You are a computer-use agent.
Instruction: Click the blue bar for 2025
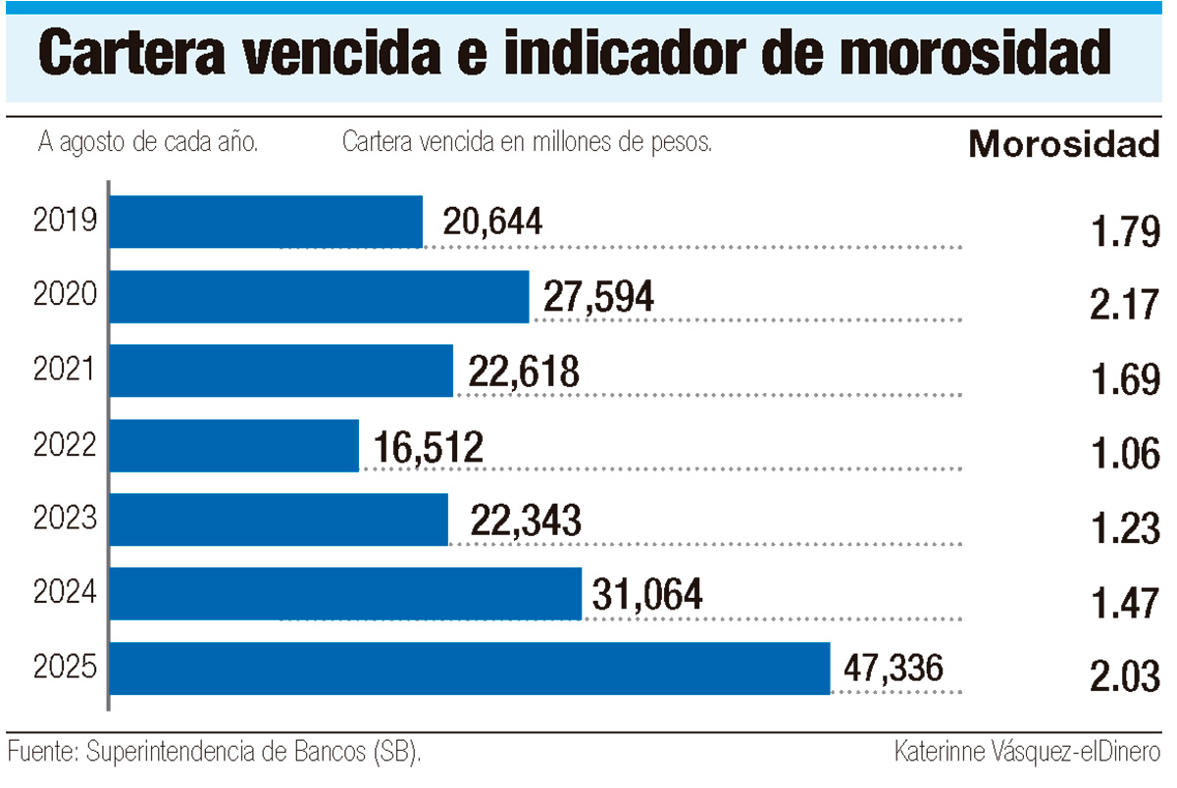point(470,668)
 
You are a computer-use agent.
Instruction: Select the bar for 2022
point(234,446)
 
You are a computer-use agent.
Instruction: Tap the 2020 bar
point(319,297)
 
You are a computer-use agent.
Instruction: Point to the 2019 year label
point(65,222)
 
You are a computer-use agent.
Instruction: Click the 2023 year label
point(65,519)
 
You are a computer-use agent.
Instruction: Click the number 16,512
point(429,447)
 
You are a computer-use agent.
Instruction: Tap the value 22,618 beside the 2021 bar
point(524,372)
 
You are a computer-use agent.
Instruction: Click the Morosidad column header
point(1063,146)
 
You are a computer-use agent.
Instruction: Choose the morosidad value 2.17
point(1124,306)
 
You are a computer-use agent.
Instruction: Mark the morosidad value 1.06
point(1124,455)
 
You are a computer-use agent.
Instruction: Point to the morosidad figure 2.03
point(1124,677)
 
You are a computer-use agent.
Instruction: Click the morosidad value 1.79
point(1124,232)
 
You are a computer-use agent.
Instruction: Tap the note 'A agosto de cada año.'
point(148,143)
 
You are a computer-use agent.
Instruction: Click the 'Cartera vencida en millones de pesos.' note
point(527,143)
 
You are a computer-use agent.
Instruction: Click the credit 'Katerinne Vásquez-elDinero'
point(1027,753)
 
